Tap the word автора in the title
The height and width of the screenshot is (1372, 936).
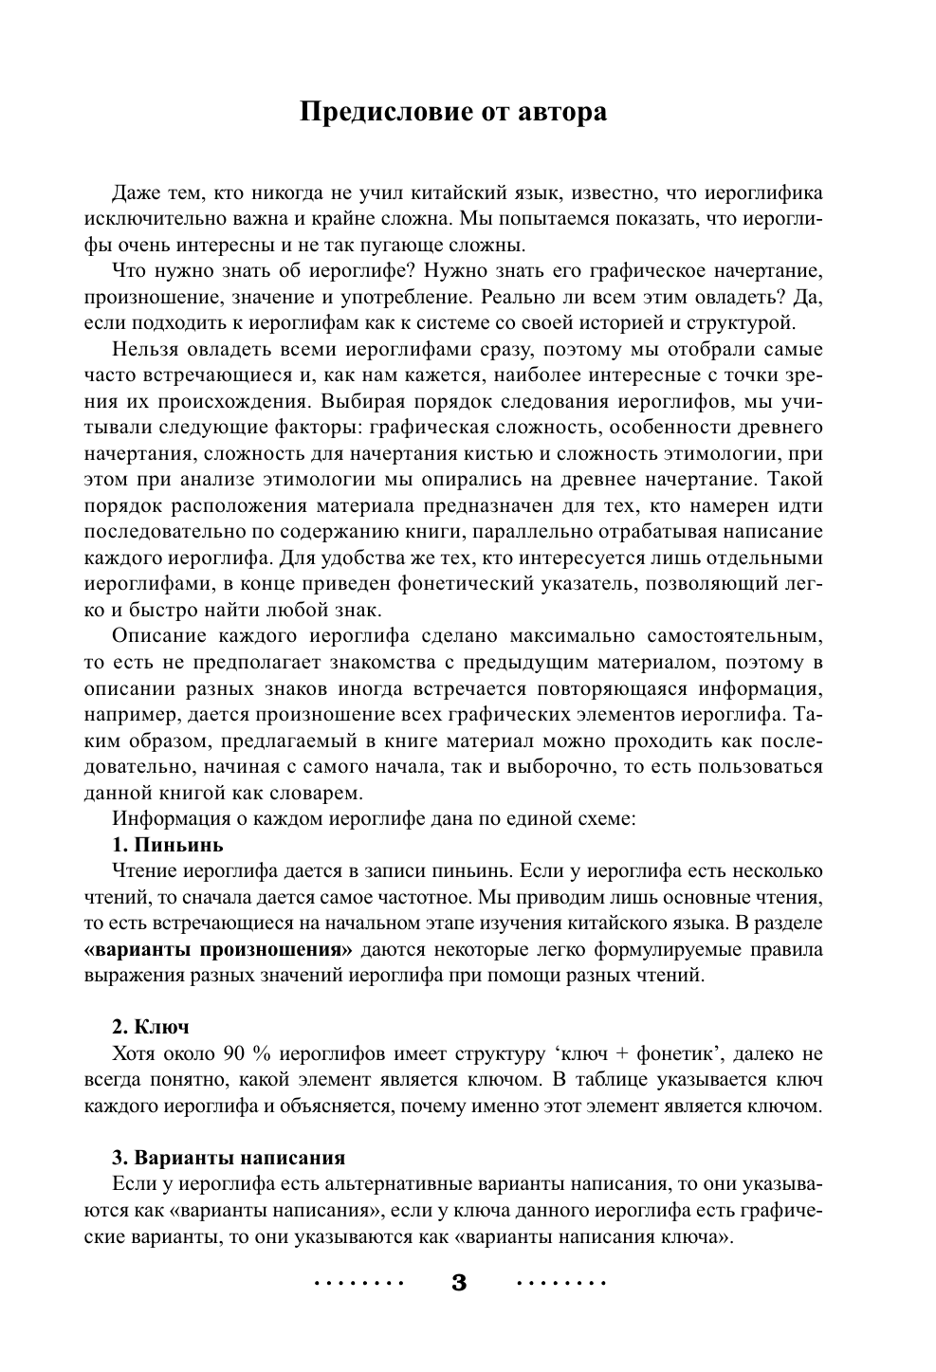pyautogui.click(x=561, y=112)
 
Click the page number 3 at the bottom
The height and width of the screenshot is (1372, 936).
pyautogui.click(x=460, y=1284)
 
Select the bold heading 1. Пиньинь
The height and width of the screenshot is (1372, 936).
pyautogui.click(x=167, y=844)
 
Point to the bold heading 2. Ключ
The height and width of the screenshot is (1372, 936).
pyautogui.click(x=151, y=1027)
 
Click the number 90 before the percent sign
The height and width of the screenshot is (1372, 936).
pyautogui.click(x=234, y=1053)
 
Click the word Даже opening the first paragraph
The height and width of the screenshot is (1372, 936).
pyautogui.click(x=135, y=193)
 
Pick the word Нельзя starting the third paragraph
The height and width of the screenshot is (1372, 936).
pyautogui.click(x=141, y=350)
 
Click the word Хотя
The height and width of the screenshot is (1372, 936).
pyautogui.click(x=135, y=1053)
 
